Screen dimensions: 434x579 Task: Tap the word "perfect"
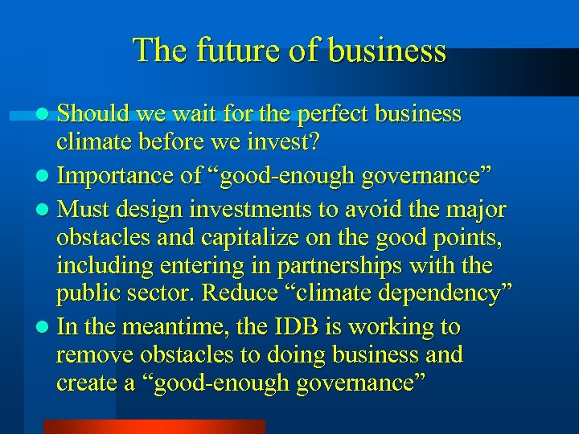click(x=337, y=114)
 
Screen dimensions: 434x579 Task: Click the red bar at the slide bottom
click(x=154, y=426)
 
